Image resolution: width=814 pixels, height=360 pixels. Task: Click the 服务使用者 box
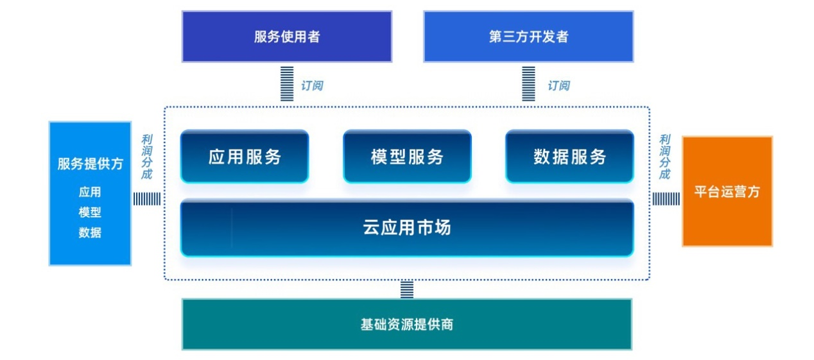[x=286, y=37]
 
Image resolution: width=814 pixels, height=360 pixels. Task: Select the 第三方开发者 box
[x=528, y=37]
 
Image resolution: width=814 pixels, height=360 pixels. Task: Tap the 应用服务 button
[x=245, y=157]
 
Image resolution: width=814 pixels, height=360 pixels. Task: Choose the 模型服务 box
[x=407, y=157]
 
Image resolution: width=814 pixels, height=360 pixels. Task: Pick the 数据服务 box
[x=569, y=157]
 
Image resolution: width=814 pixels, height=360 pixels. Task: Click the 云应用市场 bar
[x=407, y=228]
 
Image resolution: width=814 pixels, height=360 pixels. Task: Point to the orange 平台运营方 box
[x=727, y=191]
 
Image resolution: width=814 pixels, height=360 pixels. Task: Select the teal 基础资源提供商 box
[x=407, y=324]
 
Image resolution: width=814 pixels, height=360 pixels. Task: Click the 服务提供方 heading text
[x=90, y=164]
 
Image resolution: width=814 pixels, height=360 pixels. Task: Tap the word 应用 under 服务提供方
[x=90, y=192]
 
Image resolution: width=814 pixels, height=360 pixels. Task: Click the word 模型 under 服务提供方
[x=90, y=212]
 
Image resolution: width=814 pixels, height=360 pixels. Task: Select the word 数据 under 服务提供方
[x=90, y=233]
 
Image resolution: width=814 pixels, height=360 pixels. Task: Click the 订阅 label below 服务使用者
[x=312, y=85]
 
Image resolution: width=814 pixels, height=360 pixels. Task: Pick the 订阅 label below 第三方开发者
[x=559, y=85]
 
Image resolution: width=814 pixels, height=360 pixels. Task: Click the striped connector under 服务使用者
[x=287, y=83]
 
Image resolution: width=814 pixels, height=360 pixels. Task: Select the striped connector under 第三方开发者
[x=528, y=83]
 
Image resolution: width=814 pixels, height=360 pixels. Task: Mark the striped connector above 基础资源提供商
[x=407, y=289]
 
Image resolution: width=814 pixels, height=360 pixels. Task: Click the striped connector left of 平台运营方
[x=666, y=199]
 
